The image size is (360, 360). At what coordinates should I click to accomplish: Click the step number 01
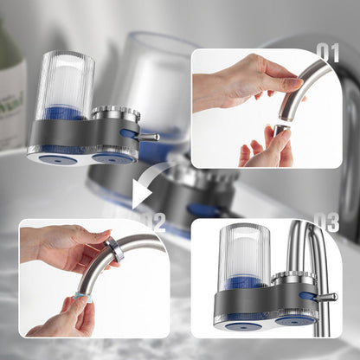point(328,52)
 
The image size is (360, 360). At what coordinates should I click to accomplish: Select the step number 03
point(326,222)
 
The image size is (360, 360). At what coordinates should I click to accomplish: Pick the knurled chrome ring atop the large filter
point(115,113)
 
